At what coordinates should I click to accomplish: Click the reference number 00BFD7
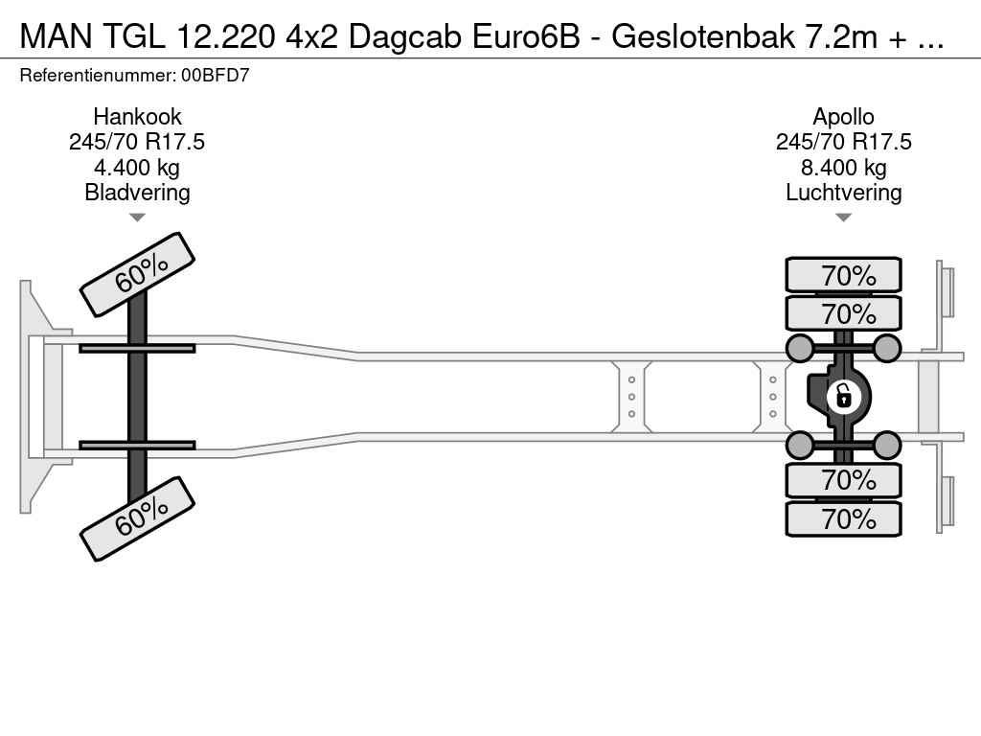click(x=216, y=76)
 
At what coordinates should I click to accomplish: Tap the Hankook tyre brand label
click(x=137, y=116)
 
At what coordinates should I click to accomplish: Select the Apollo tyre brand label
click(x=843, y=116)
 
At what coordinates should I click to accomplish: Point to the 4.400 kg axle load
click(x=137, y=167)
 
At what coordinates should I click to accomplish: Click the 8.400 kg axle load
click(x=843, y=167)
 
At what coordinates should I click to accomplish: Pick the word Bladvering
click(x=137, y=192)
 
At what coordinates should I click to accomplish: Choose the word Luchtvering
click(x=843, y=192)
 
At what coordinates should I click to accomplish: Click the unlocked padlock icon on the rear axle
click(x=843, y=397)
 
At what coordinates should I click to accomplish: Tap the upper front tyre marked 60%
click(x=138, y=274)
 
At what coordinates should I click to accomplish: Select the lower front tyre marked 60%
click(x=138, y=518)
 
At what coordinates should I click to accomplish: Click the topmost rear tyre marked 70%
click(x=843, y=275)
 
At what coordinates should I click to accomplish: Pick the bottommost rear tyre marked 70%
click(x=843, y=518)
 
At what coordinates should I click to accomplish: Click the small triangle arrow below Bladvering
click(x=137, y=218)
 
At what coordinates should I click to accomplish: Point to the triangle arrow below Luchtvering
click(x=843, y=218)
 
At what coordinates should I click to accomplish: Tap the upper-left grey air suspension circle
click(x=800, y=348)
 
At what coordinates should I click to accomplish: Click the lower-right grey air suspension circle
click(x=886, y=446)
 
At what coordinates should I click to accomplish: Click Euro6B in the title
click(x=526, y=37)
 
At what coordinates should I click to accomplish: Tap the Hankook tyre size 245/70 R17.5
click(x=137, y=142)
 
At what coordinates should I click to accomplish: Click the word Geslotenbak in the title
click(x=702, y=37)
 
